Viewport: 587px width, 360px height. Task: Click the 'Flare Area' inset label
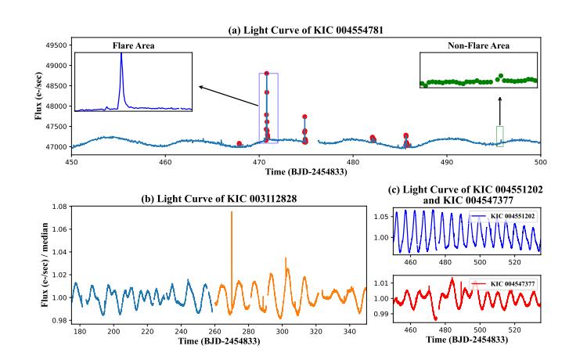(133, 46)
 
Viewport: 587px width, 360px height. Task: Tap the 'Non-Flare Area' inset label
(478, 46)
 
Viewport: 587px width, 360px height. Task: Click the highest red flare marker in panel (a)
(267, 74)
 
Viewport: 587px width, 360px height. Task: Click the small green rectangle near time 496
(500, 135)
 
